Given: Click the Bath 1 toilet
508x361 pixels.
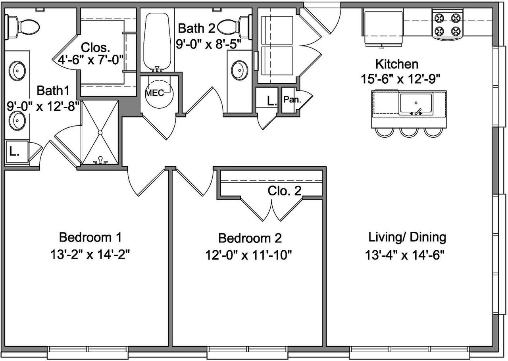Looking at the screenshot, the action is coord(22,27).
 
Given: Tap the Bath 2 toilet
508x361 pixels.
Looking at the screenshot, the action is coord(235,27).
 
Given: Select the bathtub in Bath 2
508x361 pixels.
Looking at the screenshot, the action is coord(157,42).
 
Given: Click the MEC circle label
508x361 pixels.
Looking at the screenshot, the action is coord(154,93).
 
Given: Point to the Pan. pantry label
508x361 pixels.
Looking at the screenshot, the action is coord(292,99).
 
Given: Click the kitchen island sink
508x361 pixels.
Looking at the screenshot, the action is coord(416,103).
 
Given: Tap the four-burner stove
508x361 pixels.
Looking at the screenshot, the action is coord(447,25).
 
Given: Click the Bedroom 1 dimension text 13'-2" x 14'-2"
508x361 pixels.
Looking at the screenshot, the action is coord(90,254).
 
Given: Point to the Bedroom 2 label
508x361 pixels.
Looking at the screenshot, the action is coord(250,238).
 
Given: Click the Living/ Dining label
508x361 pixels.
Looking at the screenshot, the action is coord(407,237).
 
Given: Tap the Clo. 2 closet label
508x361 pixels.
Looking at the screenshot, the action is coord(285,191).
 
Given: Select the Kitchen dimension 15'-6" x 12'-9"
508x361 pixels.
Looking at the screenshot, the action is coord(400,79).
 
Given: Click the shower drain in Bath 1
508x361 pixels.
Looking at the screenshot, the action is coord(100,132).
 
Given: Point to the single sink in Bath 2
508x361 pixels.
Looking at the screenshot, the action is coord(239,70).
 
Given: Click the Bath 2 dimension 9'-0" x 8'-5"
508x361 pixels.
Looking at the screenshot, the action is coord(208,44).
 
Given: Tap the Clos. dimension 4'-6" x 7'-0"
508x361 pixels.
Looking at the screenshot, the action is coord(91,60).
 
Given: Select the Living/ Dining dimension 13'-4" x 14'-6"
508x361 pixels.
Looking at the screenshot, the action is coord(404,255).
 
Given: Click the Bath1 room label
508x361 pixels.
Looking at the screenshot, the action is coord(53,90).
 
